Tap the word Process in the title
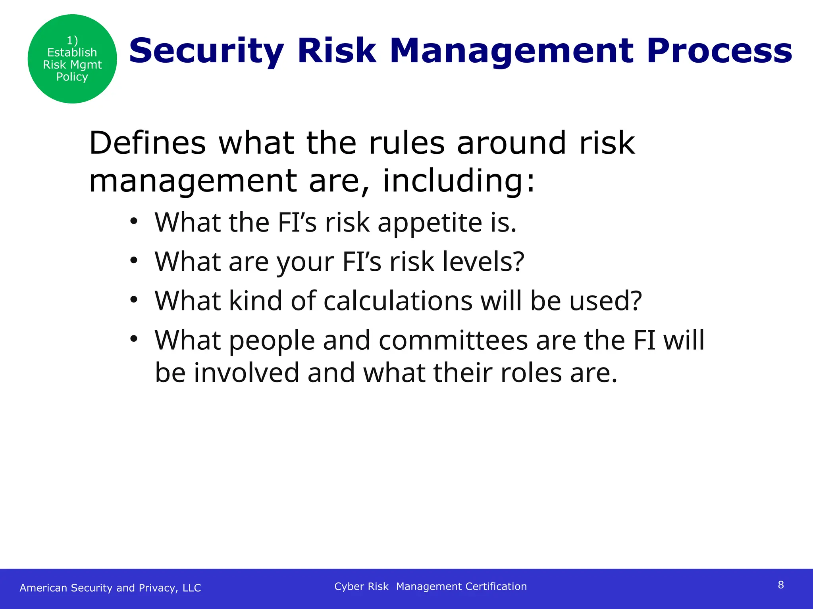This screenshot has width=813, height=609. click(x=719, y=51)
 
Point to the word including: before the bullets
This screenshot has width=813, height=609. click(x=459, y=181)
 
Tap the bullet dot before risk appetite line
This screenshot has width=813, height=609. click(x=134, y=221)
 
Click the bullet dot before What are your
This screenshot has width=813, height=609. click(x=134, y=260)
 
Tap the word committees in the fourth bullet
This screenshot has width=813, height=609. click(x=453, y=340)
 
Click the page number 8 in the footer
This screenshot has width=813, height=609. click(x=780, y=585)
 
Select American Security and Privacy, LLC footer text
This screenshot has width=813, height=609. click(x=110, y=588)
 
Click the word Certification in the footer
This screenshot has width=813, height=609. click(x=496, y=586)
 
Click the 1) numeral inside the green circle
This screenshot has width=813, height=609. click(x=72, y=40)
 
